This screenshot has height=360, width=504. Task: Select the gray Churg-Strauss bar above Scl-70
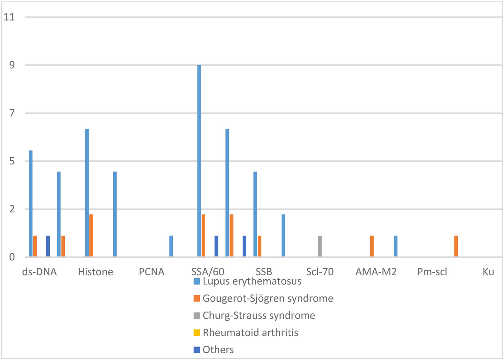click(x=320, y=246)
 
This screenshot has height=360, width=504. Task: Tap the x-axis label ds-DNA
click(x=39, y=272)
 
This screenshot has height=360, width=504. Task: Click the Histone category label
click(x=95, y=272)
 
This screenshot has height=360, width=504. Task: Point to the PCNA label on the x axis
click(x=152, y=272)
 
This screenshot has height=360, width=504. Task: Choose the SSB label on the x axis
click(x=264, y=272)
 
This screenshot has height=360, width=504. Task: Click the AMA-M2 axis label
click(x=376, y=272)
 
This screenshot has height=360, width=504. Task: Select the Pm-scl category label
click(x=432, y=272)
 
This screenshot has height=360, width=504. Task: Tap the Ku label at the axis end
click(x=488, y=272)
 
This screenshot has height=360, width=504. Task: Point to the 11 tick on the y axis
click(x=9, y=17)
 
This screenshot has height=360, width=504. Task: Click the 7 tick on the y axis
click(x=12, y=113)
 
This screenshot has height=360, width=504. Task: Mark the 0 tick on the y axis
click(x=12, y=257)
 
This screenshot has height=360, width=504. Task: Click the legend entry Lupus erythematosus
click(x=252, y=281)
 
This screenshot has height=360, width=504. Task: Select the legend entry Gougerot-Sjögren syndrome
click(x=268, y=298)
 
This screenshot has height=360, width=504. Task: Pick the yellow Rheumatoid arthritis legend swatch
click(x=197, y=333)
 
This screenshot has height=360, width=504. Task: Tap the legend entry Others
click(x=218, y=350)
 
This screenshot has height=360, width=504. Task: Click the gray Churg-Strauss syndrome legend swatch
click(x=197, y=316)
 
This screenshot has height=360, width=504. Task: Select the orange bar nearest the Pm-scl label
click(x=456, y=246)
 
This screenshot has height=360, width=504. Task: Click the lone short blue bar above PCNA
click(x=171, y=246)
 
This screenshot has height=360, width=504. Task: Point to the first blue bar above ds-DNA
click(x=31, y=203)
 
